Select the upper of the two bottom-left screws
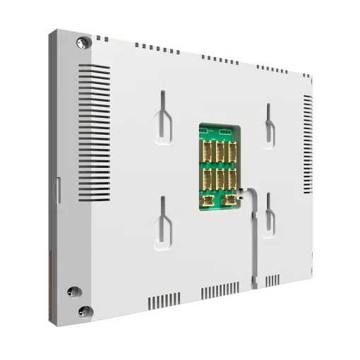(71, 291)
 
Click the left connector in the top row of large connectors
(209, 150)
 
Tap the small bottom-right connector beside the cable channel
(230, 200)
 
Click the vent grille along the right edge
(308, 148)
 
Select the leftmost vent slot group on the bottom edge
(159, 301)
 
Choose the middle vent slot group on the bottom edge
(219, 292)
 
